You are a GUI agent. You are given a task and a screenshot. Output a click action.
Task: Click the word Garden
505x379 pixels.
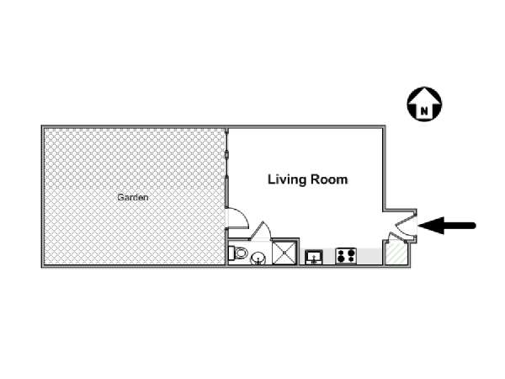[133, 197]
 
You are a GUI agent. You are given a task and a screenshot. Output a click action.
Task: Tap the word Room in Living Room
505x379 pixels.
[327, 179]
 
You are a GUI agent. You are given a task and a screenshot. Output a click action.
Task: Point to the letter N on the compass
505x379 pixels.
[424, 112]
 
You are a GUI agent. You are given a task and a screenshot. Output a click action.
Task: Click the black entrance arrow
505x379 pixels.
[447, 225]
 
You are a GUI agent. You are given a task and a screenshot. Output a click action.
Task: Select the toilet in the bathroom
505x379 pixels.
[237, 253]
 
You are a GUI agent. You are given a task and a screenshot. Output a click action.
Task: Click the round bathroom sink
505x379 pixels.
[258, 259]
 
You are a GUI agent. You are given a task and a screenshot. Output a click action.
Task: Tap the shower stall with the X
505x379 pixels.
[284, 253]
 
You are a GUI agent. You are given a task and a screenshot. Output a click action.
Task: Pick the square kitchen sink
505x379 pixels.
[314, 257]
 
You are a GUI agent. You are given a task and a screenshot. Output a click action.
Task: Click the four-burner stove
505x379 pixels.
[346, 256]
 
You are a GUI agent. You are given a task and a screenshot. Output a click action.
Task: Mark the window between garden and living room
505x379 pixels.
[227, 168]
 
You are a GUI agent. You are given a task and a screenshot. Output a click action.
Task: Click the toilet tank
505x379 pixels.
[231, 253]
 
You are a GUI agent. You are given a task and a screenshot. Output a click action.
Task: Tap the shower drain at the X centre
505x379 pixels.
[284, 253]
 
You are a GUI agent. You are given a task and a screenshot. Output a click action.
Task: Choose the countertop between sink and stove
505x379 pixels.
[329, 256]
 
